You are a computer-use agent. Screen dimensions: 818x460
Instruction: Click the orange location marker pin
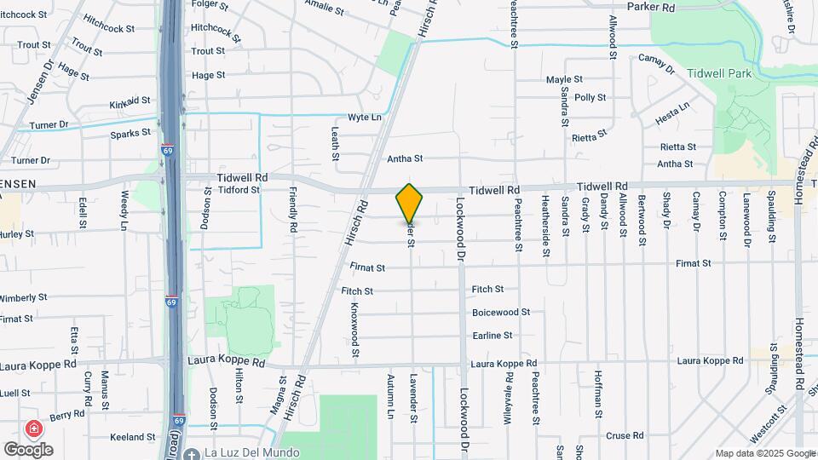point(410,203)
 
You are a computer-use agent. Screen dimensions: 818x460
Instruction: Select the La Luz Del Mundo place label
point(251,452)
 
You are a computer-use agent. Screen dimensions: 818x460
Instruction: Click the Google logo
point(28,449)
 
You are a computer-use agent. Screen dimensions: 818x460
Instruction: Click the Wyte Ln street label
point(364,117)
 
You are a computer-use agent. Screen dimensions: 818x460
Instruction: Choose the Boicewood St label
point(501,313)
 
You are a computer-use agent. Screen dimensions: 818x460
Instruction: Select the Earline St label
point(493,336)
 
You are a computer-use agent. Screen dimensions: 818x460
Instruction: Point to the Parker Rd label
point(650,7)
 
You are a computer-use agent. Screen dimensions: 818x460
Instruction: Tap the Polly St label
point(590,98)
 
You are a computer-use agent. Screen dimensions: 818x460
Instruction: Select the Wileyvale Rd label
point(507,394)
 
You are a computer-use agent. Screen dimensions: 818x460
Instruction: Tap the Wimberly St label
point(24,298)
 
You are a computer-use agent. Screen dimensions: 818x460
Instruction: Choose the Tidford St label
point(238,190)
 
